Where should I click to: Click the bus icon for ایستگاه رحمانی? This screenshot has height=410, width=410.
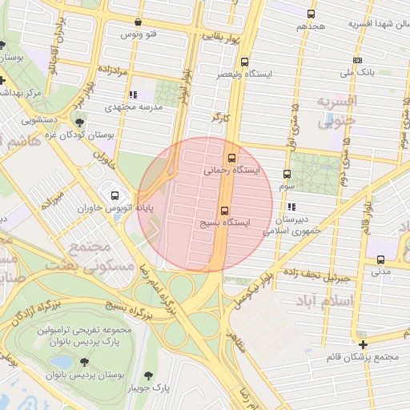232,158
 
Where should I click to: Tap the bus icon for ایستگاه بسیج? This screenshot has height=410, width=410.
223,210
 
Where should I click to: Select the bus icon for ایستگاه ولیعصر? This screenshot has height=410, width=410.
244,62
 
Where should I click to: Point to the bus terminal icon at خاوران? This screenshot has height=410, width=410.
115,195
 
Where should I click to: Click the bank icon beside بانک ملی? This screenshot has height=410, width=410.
356,61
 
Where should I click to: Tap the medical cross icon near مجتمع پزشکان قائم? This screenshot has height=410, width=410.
363,345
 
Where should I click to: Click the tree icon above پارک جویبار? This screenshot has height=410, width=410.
149,375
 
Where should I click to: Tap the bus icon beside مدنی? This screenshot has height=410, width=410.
380,259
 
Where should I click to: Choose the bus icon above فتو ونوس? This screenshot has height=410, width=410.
139,22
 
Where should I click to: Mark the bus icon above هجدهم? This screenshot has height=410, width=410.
311,14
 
